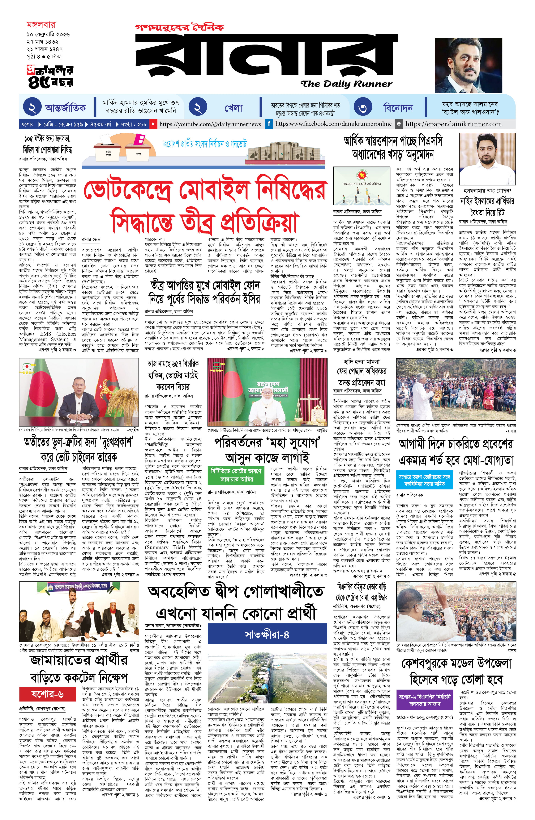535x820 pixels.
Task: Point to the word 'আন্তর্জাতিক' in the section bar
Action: click(66, 108)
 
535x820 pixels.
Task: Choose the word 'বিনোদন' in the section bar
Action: click(398, 108)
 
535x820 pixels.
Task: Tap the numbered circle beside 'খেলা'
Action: click(198, 108)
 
